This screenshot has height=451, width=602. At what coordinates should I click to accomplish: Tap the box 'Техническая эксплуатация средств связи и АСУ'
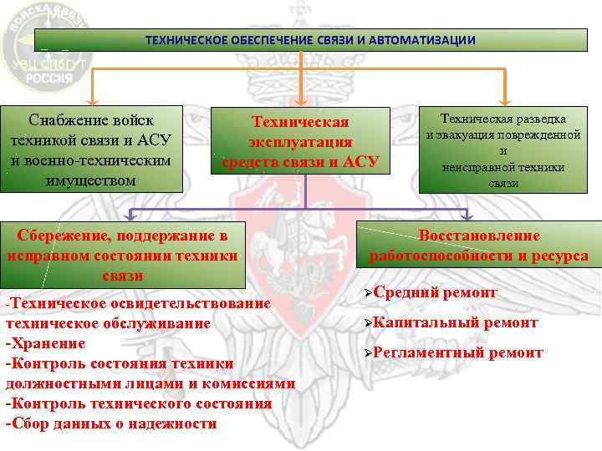tap(301, 142)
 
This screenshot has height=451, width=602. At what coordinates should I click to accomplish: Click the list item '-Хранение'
tap(46, 342)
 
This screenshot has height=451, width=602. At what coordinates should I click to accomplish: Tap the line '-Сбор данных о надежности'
tap(111, 423)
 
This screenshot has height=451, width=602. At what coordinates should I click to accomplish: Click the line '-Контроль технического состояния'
tap(139, 403)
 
